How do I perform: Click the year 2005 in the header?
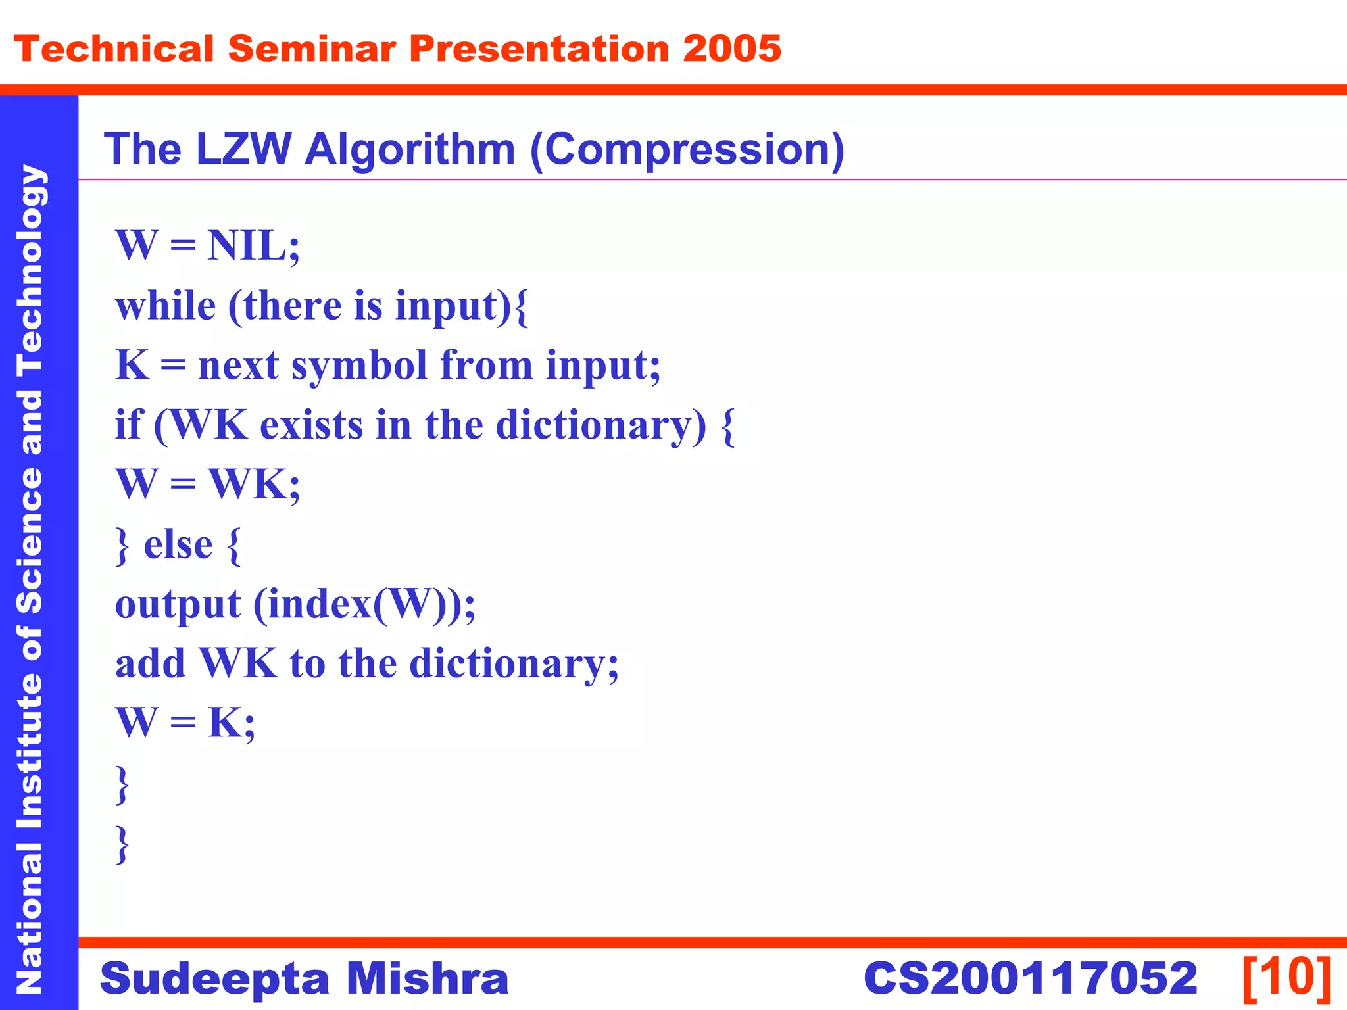[731, 49]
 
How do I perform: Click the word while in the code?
[166, 306]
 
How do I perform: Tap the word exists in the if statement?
[311, 425]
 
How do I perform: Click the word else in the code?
[178, 545]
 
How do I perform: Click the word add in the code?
[150, 663]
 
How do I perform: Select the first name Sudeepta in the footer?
[214, 978]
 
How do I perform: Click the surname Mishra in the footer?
[428, 978]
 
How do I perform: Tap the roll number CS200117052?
[1030, 978]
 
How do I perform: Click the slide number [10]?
[1286, 978]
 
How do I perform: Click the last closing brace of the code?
[122, 844]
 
